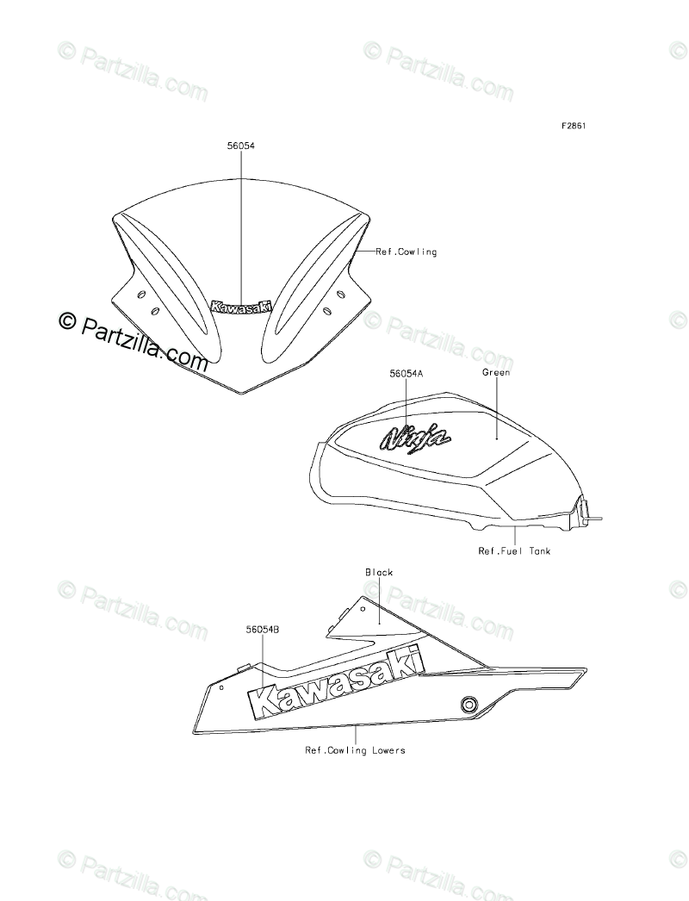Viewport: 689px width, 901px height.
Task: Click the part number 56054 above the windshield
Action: coord(240,147)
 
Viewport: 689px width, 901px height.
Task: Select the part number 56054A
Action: coord(406,375)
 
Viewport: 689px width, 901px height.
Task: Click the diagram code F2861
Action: coord(574,126)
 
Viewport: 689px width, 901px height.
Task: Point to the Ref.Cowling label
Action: coord(407,252)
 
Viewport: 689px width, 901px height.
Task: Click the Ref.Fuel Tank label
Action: coord(514,550)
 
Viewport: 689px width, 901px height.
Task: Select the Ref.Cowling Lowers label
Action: coord(355,750)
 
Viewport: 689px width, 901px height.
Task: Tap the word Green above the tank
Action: coord(496,373)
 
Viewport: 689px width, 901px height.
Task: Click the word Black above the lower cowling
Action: coord(379,572)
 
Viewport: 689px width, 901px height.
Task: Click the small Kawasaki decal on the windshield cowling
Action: coord(241,306)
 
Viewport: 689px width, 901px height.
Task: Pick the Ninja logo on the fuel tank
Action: coord(416,438)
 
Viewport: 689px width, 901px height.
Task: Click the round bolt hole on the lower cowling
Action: coord(469,703)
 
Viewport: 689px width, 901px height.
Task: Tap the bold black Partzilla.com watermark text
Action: coord(134,339)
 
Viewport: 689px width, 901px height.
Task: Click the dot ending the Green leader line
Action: coord(497,438)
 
